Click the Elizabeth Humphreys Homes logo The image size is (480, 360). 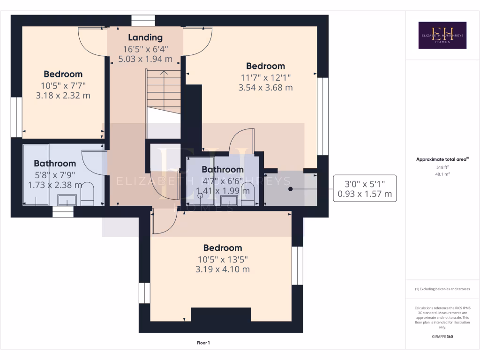442,35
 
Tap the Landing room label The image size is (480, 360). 145,37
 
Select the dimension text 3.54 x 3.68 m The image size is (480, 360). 265,88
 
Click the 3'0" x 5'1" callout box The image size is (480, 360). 365,188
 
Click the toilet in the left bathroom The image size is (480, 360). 88,194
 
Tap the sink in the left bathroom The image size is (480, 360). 67,201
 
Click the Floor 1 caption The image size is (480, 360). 203,343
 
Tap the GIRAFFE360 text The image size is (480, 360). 442,337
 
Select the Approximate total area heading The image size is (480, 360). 442,159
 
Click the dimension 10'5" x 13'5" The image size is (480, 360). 223,259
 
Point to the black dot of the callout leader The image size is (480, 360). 290,189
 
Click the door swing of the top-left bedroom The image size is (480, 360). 91,42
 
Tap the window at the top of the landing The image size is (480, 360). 143,21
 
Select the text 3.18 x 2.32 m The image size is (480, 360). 63,96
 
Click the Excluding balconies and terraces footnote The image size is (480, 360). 442,289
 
